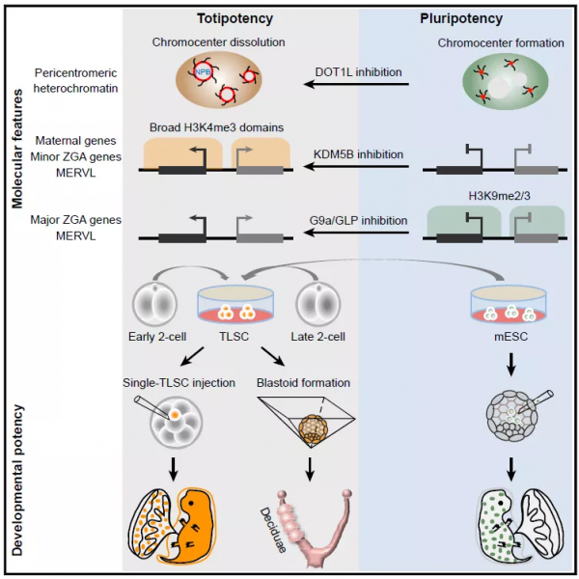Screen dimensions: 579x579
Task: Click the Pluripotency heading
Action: point(461,17)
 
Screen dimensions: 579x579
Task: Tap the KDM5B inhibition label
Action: point(358,153)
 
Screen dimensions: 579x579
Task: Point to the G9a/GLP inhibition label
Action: point(358,220)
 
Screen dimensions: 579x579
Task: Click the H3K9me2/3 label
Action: point(495,196)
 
